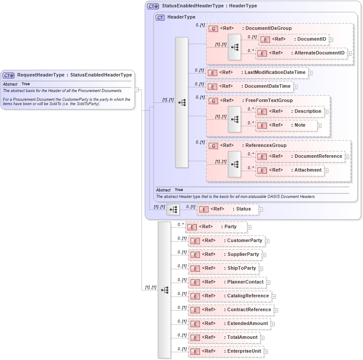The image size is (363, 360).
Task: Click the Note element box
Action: coord(286,125)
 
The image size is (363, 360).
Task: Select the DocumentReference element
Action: coord(300,156)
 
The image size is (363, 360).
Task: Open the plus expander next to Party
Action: coord(250,227)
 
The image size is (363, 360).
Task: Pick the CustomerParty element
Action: coord(226,241)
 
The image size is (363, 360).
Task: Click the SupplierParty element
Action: coord(225,255)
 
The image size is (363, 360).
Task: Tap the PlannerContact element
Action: coord(227,282)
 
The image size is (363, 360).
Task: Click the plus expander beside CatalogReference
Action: coord(274,296)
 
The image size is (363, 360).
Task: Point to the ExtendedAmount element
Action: coord(229,324)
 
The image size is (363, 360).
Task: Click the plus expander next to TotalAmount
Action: coord(262,338)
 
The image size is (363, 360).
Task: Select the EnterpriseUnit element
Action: coord(226,351)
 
